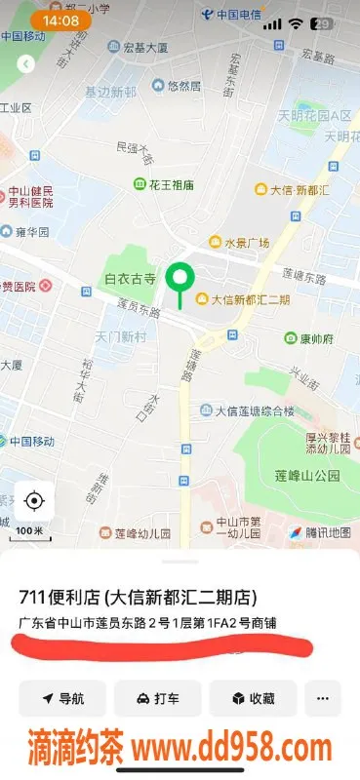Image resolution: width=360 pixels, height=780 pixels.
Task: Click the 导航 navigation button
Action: coord(61,698)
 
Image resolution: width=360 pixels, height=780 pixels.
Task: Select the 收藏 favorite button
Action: coord(252,698)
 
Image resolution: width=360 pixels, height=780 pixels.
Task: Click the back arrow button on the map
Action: coord(26,63)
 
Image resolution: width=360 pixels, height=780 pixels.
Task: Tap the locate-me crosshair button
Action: coord(34,501)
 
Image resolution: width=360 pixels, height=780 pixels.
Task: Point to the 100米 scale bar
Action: coord(29,532)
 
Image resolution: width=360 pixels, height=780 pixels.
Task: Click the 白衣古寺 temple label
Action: coord(130,279)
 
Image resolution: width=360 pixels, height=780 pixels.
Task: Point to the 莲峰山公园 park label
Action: coord(306,476)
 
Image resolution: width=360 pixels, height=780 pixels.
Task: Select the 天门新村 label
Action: coord(121,335)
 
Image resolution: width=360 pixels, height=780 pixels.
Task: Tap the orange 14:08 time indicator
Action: coord(60,20)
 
